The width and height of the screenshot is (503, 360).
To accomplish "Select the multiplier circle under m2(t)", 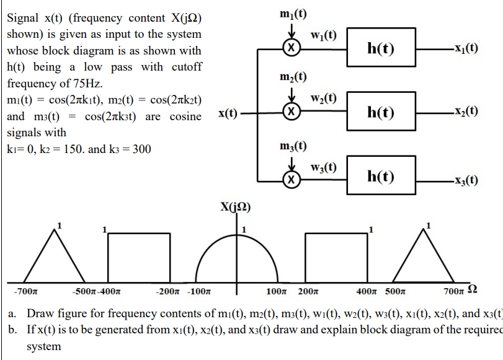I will (x=292, y=112).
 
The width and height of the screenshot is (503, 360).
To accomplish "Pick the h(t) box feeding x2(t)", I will (x=381, y=112).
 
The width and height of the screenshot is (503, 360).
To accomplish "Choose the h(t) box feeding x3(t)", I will (x=381, y=177).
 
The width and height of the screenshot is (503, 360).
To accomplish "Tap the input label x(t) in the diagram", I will (x=228, y=113).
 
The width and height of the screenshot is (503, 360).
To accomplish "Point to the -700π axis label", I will (x=25, y=291).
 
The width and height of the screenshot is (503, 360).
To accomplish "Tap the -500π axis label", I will (x=86, y=291).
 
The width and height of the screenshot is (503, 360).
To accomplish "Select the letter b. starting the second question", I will (x=12, y=329).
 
